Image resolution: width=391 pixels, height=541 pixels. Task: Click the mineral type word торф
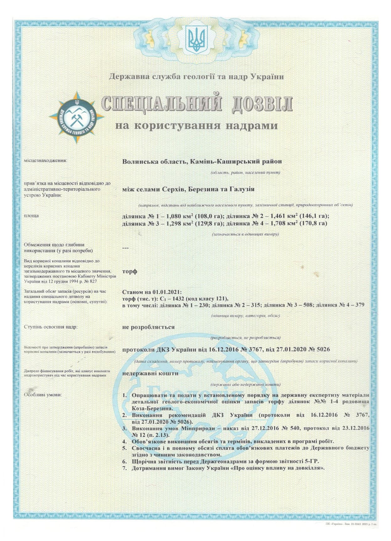pos(129,271)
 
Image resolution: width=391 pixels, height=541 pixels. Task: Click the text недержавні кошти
pos(150,373)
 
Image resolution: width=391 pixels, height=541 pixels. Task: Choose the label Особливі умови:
pos(43,395)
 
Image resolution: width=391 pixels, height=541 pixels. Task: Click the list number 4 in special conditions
pos(124,441)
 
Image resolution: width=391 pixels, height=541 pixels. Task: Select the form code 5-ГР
pos(314,461)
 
